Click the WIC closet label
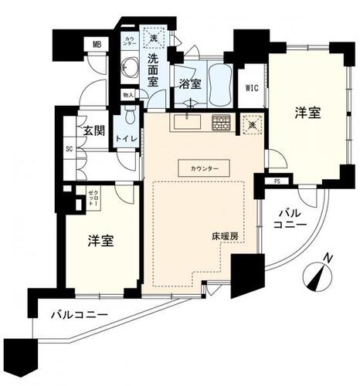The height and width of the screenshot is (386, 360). (251, 88)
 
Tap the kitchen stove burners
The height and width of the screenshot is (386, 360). (221, 122)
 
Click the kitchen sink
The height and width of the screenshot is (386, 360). (185, 122)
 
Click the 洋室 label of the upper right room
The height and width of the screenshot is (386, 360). (307, 113)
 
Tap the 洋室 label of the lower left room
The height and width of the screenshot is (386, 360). (100, 240)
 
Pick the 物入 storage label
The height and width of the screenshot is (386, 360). (127, 95)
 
